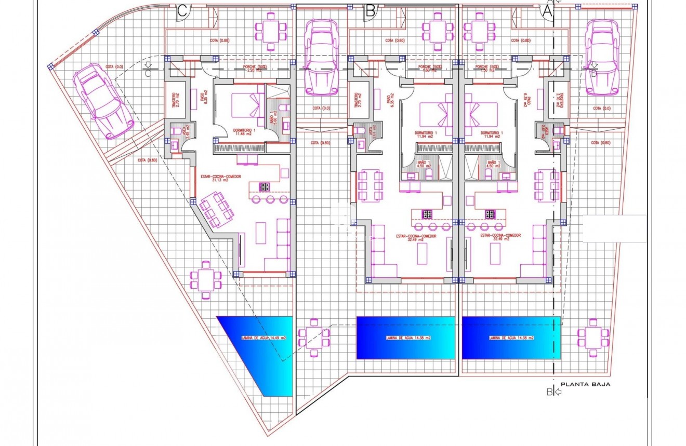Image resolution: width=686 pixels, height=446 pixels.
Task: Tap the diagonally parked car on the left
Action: point(102,102)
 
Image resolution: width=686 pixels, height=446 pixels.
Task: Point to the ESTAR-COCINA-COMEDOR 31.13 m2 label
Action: point(221,178)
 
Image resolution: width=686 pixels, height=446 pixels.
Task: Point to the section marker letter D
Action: point(593,73)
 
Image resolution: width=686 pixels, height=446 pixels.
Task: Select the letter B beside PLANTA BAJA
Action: point(549,392)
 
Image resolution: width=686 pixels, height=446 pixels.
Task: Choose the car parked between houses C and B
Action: point(321,57)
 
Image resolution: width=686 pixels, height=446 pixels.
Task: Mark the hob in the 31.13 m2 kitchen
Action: point(264,187)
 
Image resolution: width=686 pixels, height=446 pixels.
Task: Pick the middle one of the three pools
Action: point(405,338)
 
